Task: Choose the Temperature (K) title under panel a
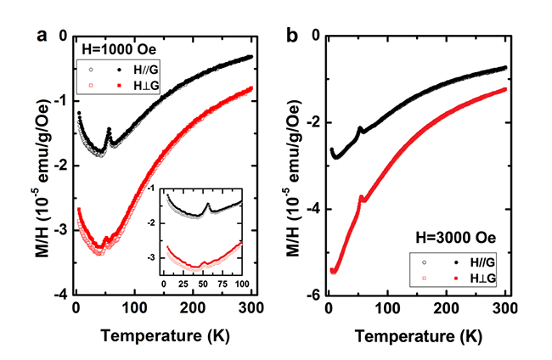click(162, 334)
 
